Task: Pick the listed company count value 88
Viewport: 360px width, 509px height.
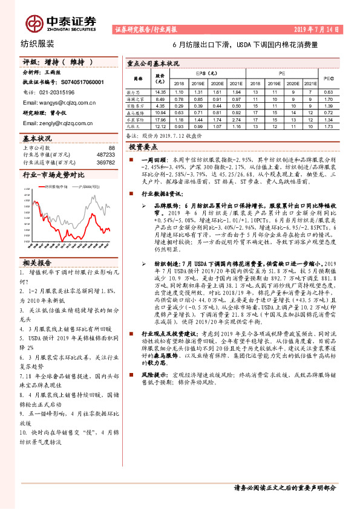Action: click(111, 148)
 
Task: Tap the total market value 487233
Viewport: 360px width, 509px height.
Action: click(105, 155)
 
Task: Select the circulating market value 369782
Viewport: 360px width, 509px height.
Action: click(105, 162)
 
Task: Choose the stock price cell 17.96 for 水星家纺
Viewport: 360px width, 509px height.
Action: click(160, 120)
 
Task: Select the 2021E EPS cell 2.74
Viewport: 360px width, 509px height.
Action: click(237, 120)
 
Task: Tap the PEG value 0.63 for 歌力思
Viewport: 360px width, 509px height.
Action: click(328, 91)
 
